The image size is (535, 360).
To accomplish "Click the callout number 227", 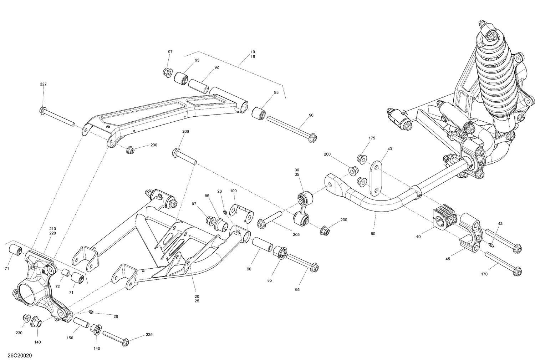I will (x=43, y=84).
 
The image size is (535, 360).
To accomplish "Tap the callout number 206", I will (x=185, y=132).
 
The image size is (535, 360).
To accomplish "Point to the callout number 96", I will (x=311, y=115).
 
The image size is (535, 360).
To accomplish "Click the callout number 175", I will (x=372, y=138).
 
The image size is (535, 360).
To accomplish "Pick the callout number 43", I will (x=389, y=149).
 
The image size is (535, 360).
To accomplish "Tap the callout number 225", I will (x=149, y=335).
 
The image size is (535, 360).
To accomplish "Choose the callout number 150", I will (x=70, y=338).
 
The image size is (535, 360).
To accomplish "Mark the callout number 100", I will (x=233, y=191).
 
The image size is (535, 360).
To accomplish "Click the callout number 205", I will (x=296, y=234).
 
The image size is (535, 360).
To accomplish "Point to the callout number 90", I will (x=249, y=269).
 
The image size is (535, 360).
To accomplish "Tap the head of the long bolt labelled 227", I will (x=43, y=110).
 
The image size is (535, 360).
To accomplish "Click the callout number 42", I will (x=500, y=224).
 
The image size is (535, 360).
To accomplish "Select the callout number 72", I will (x=58, y=287).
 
